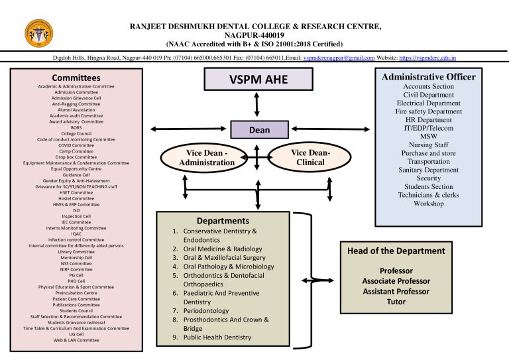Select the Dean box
[259, 130]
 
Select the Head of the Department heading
[396, 251]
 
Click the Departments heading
[223, 221]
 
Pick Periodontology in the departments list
[206, 310]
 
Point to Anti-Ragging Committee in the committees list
[76, 104]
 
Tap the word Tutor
[396, 302]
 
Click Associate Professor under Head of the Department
[396, 281]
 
